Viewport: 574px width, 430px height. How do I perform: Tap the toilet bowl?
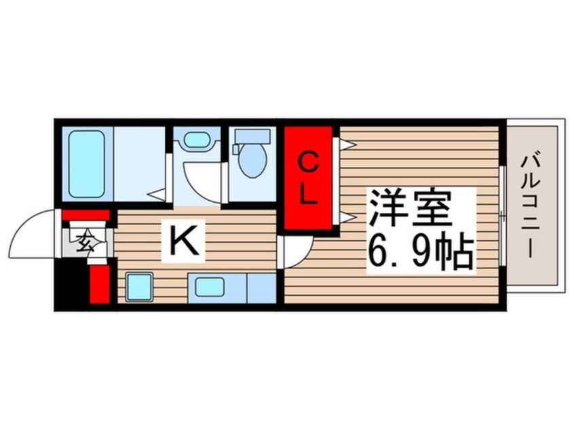(252, 161)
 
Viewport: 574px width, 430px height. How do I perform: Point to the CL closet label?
(308, 178)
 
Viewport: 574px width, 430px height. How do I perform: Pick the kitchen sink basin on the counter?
(210, 286)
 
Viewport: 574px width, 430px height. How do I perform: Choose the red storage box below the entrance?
(99, 283)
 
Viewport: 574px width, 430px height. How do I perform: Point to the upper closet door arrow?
(346, 144)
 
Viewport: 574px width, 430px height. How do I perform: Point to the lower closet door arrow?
(346, 217)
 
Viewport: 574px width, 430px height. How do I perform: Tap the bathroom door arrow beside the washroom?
(158, 196)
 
